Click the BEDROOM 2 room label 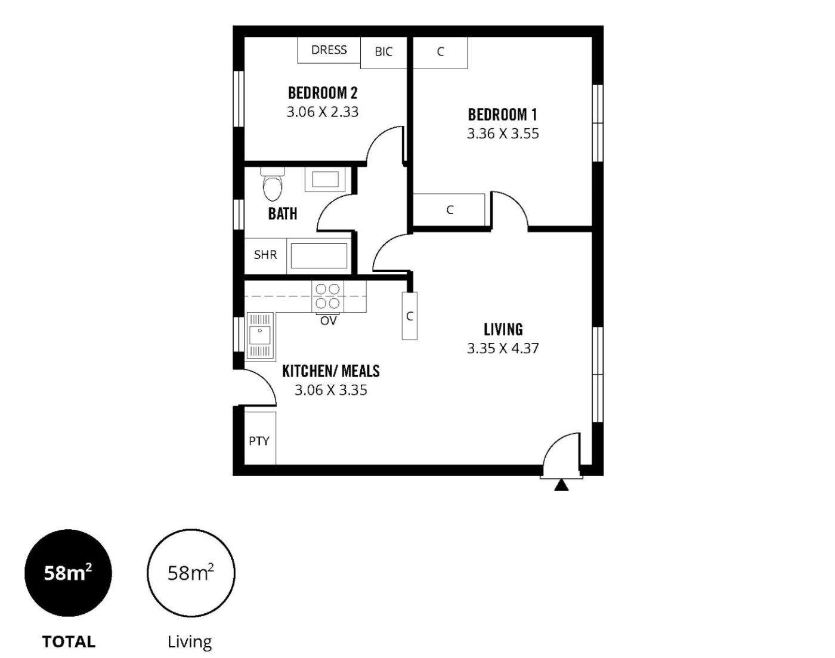tap(323, 93)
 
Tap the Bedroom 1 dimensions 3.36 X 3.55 tap(503, 134)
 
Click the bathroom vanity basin tap(325, 180)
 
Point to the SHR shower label tap(265, 255)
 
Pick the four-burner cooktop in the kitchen tap(327, 296)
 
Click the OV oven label tap(328, 321)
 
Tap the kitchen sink tap(261, 335)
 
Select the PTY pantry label tap(259, 441)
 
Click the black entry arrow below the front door tap(561, 486)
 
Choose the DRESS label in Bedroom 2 tap(329, 50)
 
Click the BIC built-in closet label tap(384, 52)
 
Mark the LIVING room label tap(503, 329)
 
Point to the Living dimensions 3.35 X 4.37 tap(503, 348)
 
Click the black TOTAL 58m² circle tap(68, 573)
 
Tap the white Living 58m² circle tap(191, 573)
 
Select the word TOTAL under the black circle tap(69, 642)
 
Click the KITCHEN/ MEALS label tap(330, 371)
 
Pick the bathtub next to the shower tap(319, 256)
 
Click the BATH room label tap(283, 214)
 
